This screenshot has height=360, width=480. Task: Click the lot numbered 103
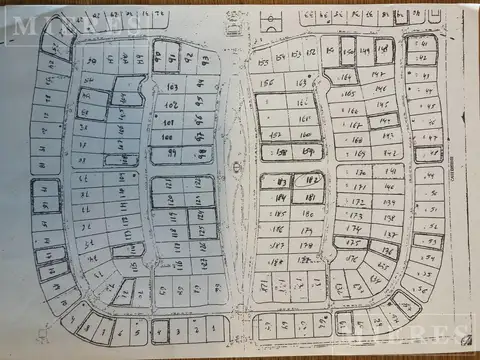pyautogui.click(x=169, y=88)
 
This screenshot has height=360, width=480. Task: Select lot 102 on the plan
pyautogui.click(x=171, y=104)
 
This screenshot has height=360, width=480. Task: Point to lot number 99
pyautogui.click(x=172, y=153)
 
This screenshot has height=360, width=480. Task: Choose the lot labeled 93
pyautogui.click(x=205, y=59)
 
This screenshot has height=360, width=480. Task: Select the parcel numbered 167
pyautogui.click(x=358, y=126)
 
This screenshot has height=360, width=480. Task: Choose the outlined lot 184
pyautogui.click(x=278, y=197)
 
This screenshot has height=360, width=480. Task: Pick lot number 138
pyautogui.click(x=390, y=216)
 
